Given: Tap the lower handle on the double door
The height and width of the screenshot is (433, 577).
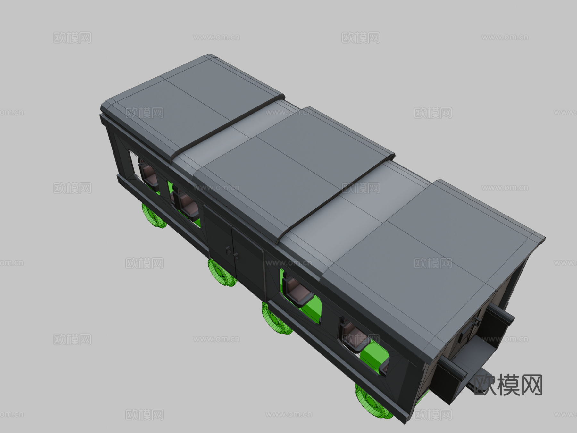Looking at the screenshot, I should point(236,256).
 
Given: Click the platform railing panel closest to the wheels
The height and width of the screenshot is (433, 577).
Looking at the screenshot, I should point(449,382).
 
